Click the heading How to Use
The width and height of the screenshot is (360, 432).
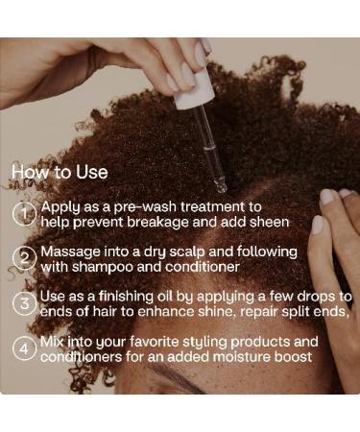60,173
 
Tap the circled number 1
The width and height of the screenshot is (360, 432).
24,214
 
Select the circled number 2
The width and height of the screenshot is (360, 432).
24,258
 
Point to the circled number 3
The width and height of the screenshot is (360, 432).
24,303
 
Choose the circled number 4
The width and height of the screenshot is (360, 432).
24,348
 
